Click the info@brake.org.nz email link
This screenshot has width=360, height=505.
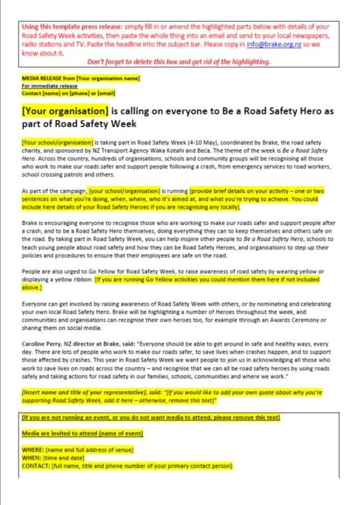pyautogui.click(x=278, y=44)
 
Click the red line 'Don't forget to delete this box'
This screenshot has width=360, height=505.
pyautogui.click(x=179, y=62)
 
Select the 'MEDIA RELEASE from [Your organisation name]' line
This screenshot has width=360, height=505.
pyautogui.click(x=80, y=78)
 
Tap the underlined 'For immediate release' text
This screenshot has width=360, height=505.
pyautogui.click(x=50, y=86)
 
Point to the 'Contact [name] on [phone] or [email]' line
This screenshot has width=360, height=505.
pyautogui.click(x=68, y=93)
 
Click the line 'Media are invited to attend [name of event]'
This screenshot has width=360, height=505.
pyautogui.click(x=82, y=433)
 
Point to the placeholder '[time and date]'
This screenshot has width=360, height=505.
pyautogui.click(x=63, y=457)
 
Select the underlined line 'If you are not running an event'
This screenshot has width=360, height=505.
pyautogui.click(x=150, y=417)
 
